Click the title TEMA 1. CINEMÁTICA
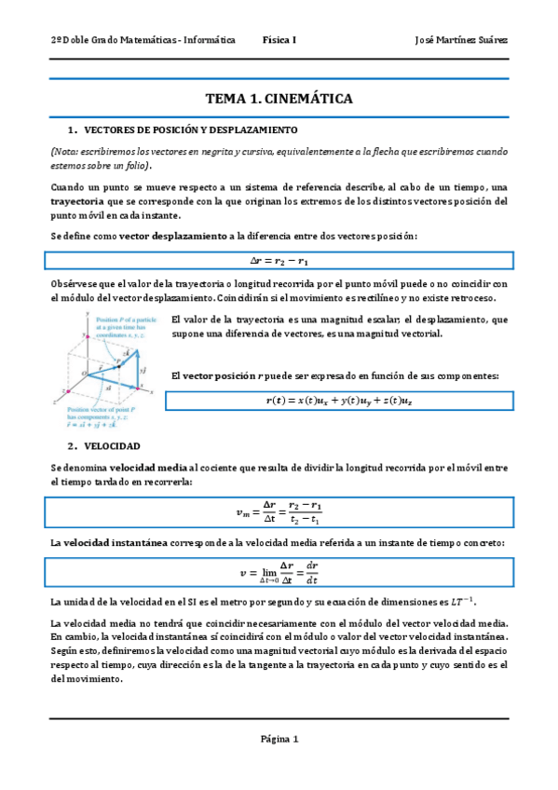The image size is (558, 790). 279,99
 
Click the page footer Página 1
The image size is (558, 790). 279,740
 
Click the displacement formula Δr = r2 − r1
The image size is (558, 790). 279,260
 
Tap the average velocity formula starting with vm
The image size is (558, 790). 279,511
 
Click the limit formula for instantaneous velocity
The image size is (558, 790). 279,571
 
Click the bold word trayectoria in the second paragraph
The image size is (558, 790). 79,201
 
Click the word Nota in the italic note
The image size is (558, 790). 67,151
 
